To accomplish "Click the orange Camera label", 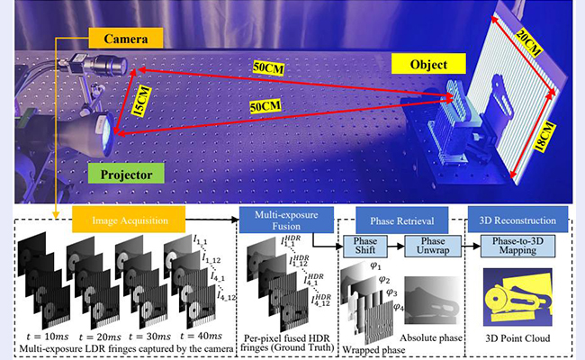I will [x=125, y=39].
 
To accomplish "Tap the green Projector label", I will [x=127, y=171].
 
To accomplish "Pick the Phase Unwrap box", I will [x=432, y=247].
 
